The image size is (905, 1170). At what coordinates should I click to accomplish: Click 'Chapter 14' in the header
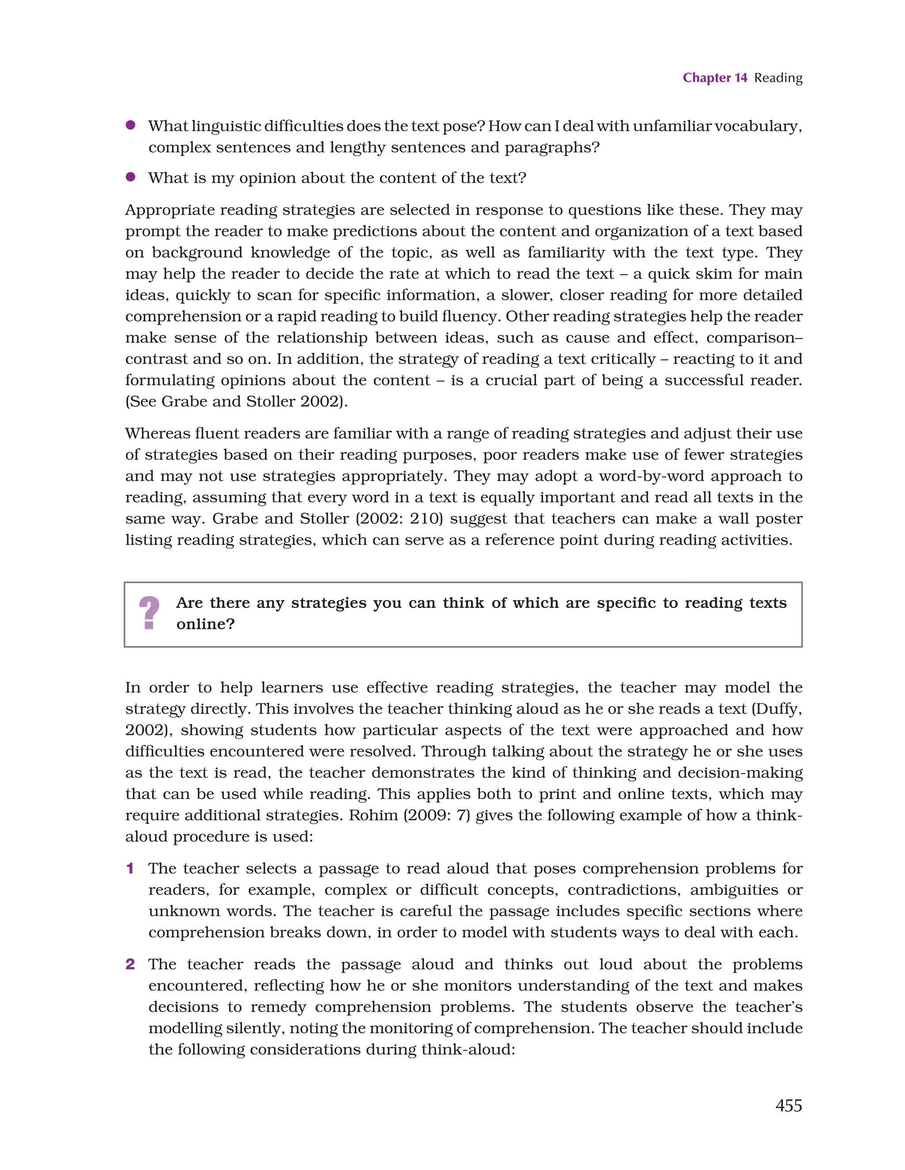coord(715,78)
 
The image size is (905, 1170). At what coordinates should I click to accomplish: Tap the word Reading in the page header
coord(778,78)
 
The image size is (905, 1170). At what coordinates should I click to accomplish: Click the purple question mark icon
coord(149,613)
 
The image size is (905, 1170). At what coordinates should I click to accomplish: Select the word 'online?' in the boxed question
coord(205,624)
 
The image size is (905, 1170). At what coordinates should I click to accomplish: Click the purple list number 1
coord(130,868)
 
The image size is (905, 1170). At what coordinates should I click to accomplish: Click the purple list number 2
coord(130,964)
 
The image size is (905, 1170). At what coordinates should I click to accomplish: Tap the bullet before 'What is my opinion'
coord(130,177)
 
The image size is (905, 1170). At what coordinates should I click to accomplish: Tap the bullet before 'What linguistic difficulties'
coord(130,126)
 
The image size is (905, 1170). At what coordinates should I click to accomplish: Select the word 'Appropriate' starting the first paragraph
coord(169,210)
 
